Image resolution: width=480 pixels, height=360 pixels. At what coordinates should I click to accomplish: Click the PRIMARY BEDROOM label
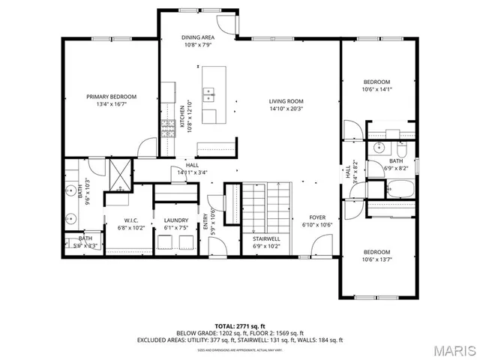pos(111,97)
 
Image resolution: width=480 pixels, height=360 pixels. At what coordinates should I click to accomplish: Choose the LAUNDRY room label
pos(175,220)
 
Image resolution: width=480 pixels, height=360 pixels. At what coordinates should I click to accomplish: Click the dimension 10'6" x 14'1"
pos(376,89)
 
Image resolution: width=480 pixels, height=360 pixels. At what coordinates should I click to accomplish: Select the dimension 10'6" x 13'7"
pos(376,259)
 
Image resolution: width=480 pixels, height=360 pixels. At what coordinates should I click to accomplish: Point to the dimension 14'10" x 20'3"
pos(286,108)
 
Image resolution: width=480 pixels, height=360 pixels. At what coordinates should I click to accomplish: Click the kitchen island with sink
pos(211,94)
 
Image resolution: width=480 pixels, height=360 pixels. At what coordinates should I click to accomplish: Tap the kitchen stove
pos(166,129)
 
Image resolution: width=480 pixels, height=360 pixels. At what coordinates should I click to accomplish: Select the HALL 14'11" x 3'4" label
pos(192,169)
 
